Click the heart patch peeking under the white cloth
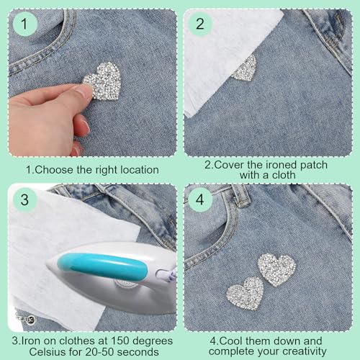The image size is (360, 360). (x=245, y=68)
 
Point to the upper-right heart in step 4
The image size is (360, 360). (x=277, y=269)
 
